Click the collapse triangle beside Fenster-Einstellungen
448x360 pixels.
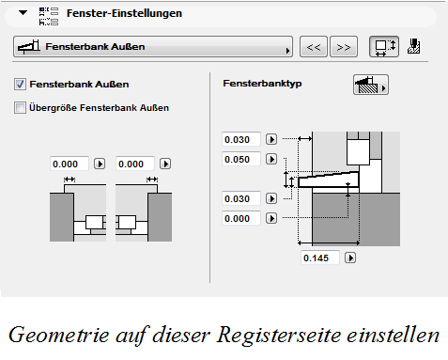click(21, 14)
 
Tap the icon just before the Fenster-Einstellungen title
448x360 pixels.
click(49, 14)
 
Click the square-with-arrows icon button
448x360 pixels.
click(381, 46)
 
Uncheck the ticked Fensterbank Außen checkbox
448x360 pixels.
click(22, 85)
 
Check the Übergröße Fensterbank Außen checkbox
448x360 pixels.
click(22, 107)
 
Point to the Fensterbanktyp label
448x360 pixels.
click(260, 84)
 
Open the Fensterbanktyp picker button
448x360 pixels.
click(371, 84)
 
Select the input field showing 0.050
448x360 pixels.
click(239, 159)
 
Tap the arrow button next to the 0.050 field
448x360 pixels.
click(271, 159)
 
